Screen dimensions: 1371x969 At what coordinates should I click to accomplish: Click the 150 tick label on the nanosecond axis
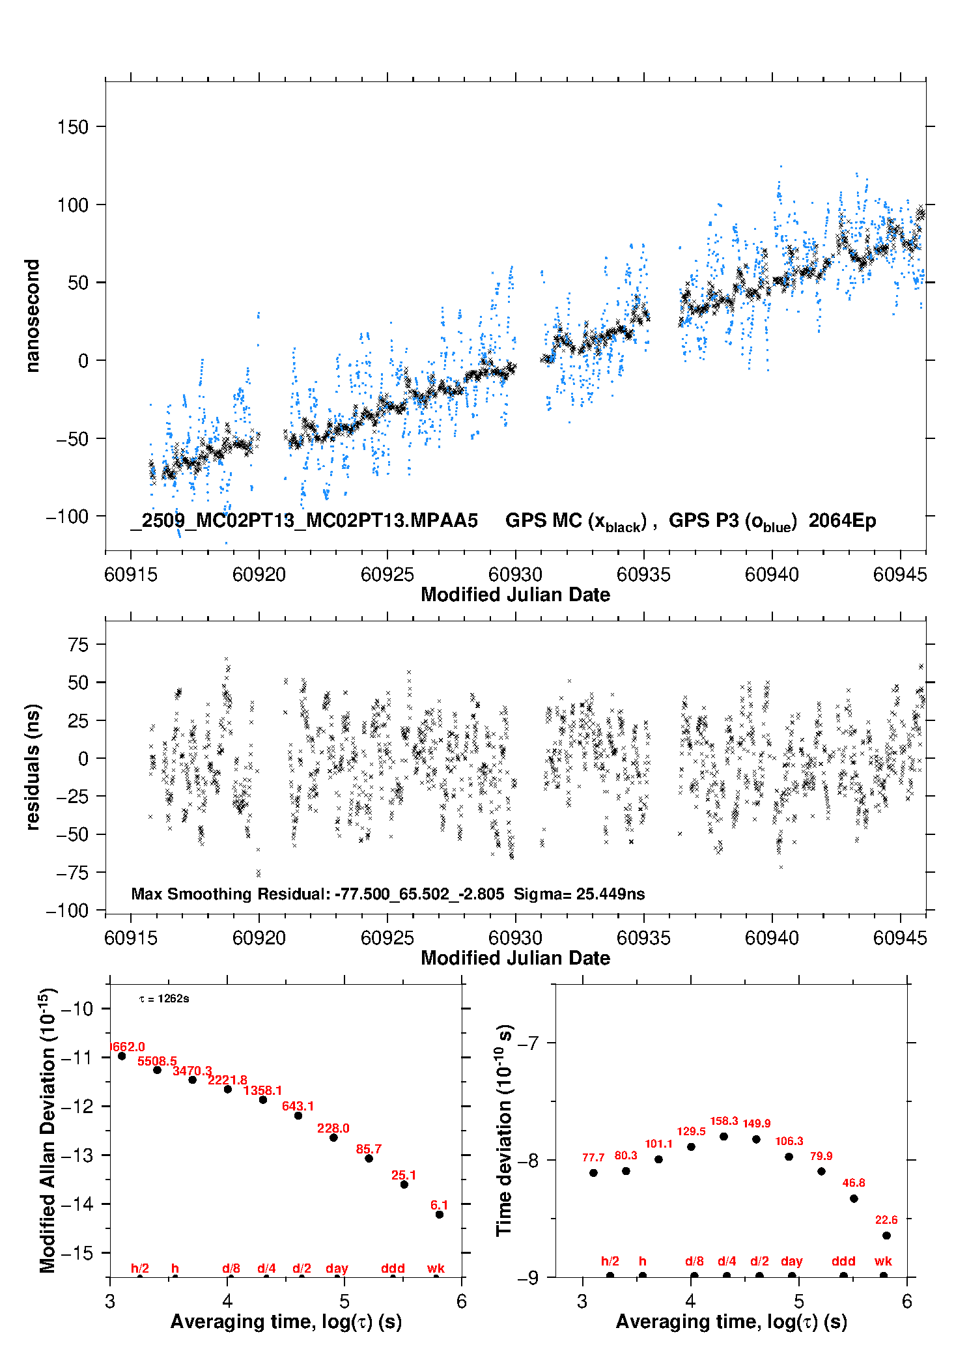[72, 127]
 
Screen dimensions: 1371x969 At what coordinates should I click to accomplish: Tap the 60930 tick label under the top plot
[515, 574]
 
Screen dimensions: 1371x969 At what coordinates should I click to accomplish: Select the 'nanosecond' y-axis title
[32, 316]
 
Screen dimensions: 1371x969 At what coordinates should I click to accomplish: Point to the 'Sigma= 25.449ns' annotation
[579, 894]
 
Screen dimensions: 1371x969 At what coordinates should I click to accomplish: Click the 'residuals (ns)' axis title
[32, 767]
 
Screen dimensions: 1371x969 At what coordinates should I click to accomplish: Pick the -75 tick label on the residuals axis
[72, 873]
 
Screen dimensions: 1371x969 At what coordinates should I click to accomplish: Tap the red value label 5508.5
[157, 1062]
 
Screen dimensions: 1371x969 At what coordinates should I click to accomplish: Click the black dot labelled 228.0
[333, 1137]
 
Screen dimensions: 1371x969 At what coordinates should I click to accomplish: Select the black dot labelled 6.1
[440, 1214]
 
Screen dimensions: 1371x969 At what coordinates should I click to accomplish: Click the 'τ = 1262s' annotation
[164, 999]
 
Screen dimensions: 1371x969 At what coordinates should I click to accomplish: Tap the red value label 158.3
[723, 1121]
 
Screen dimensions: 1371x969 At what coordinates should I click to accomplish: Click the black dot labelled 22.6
[886, 1236]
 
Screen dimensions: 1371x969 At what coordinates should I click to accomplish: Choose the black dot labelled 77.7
[593, 1172]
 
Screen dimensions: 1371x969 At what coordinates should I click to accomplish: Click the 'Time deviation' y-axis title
[505, 1131]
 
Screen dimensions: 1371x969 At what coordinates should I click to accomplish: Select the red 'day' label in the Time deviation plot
[791, 1261]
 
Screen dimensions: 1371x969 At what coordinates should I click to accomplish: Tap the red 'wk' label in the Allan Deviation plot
[436, 1268]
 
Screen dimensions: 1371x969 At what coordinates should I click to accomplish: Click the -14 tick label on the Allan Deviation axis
[77, 1204]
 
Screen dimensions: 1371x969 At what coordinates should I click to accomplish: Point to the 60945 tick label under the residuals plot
[899, 938]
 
